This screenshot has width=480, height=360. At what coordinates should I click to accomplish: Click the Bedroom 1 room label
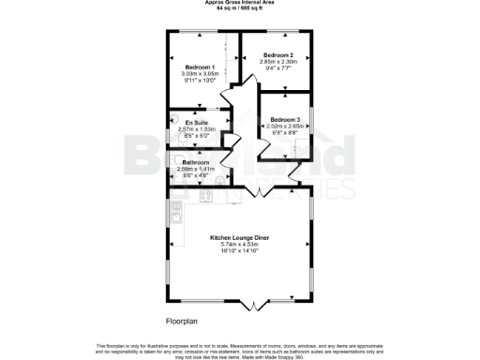coord(200,67)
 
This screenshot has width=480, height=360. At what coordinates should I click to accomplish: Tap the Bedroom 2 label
coord(278,54)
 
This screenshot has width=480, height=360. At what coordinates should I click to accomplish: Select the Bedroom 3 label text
coord(285,119)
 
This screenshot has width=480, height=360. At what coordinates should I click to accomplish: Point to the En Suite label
coord(196,123)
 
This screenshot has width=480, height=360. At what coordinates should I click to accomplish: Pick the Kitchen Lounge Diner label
coord(241,237)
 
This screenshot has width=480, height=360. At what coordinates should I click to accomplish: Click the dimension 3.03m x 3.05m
coord(200,73)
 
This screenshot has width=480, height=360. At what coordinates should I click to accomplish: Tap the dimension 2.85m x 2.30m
coord(278,61)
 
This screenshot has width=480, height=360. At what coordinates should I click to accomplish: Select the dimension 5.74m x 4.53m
coord(241,244)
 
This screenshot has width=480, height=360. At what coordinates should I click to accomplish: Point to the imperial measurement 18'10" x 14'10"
coord(241,250)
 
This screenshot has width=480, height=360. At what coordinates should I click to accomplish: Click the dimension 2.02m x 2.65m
coord(285,126)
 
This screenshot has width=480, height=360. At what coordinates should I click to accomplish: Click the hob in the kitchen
coord(206,196)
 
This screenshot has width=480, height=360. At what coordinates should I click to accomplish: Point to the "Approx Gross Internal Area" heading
coord(240,3)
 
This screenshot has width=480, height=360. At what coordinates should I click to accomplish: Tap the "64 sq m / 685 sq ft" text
coord(240,8)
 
